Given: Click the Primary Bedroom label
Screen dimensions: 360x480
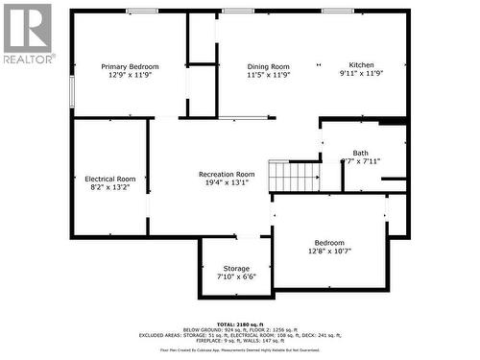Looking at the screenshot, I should (x=128, y=66).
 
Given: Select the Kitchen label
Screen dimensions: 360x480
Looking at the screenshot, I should (x=361, y=65).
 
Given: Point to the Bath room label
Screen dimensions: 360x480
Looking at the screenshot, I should (x=360, y=153).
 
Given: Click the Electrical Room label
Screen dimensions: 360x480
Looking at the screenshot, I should (x=110, y=180).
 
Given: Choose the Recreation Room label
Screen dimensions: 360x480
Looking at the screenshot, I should (x=227, y=174).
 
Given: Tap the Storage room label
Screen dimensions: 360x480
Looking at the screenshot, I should (x=236, y=268).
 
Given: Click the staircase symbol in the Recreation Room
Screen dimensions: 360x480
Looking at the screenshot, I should (x=293, y=177).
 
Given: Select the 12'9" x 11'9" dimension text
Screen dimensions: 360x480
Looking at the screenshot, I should (x=128, y=75).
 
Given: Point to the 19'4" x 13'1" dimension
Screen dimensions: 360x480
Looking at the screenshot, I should (x=227, y=182).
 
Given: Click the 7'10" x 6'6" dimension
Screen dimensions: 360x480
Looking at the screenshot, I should (x=236, y=276).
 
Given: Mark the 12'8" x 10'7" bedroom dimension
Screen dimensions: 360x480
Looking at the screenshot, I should (x=328, y=252).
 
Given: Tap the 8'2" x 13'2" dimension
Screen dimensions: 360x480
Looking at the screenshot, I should (x=110, y=188).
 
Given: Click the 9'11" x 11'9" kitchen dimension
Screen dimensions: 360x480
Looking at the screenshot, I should (x=361, y=74).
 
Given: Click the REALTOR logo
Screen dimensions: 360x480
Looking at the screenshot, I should (x=27, y=35).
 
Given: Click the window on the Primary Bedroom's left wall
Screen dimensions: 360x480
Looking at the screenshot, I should (x=70, y=92).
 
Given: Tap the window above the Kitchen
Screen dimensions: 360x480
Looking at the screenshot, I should (x=337, y=12).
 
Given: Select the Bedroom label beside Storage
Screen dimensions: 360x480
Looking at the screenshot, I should (x=328, y=243).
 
